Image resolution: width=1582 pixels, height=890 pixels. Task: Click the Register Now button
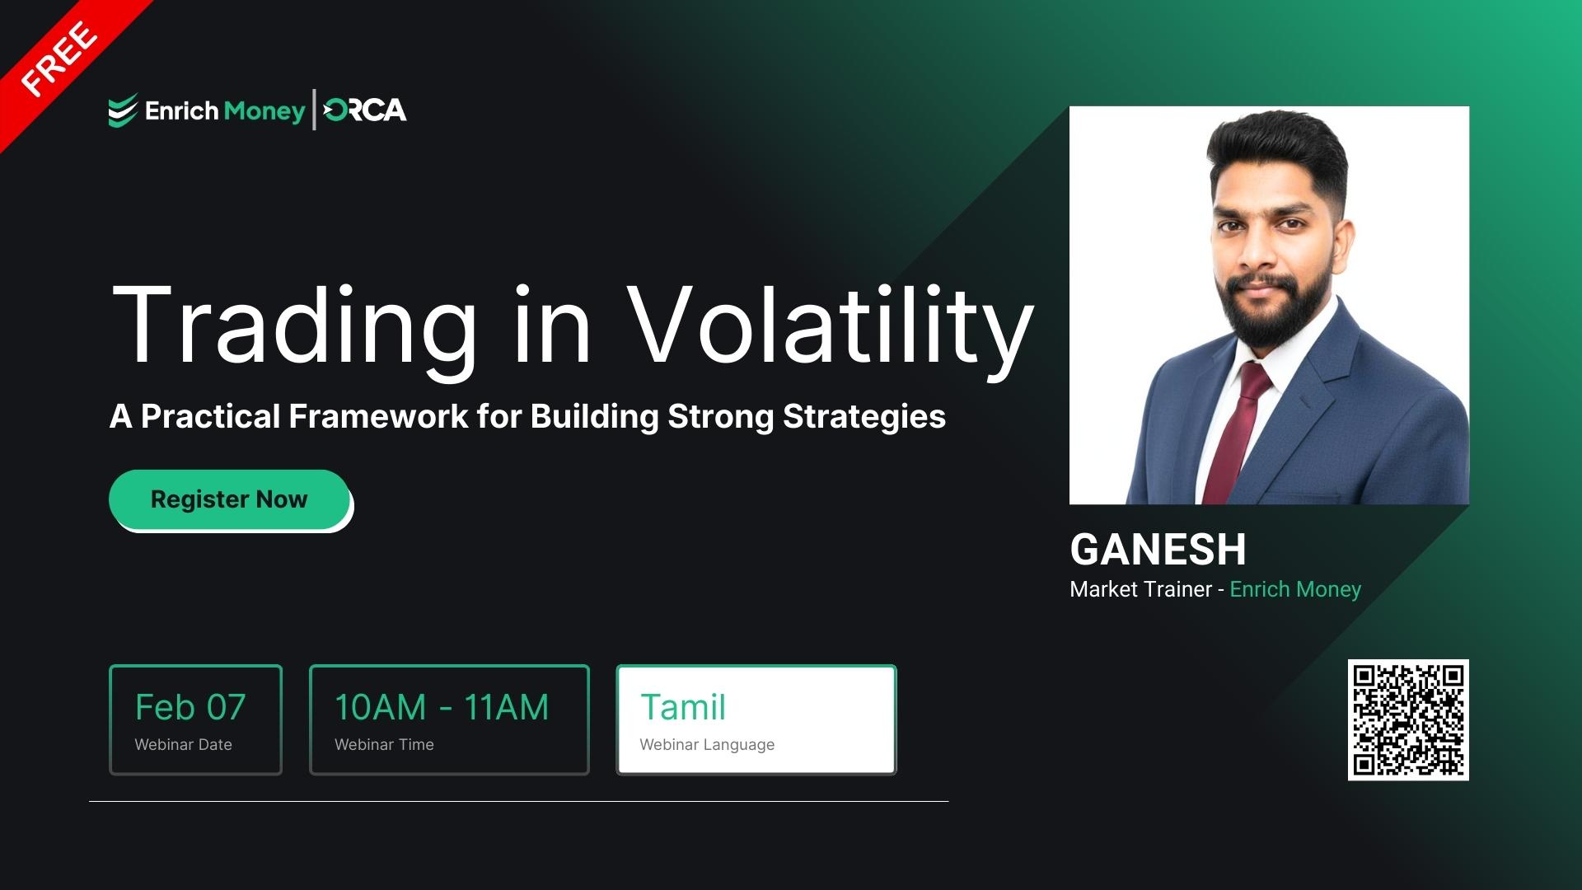click(x=229, y=499)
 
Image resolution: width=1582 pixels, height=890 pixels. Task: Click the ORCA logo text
click(x=365, y=110)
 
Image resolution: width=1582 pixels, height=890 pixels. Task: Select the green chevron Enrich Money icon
click(x=123, y=111)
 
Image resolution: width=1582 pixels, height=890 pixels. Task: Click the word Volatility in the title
click(x=829, y=326)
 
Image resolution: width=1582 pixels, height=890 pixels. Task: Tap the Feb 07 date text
click(x=190, y=707)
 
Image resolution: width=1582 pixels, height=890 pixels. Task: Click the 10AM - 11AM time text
click(x=442, y=707)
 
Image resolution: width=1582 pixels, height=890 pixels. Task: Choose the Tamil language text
click(x=683, y=707)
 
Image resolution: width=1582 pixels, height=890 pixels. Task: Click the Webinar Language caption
click(x=707, y=745)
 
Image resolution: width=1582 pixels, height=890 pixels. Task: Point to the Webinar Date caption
click(x=183, y=745)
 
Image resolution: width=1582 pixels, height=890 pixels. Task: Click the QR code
click(x=1408, y=719)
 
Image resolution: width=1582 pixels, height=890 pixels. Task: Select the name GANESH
click(x=1158, y=550)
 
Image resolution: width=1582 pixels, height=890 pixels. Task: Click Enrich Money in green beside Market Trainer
click(x=1295, y=589)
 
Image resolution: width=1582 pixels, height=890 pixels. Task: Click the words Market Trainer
click(x=1140, y=589)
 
